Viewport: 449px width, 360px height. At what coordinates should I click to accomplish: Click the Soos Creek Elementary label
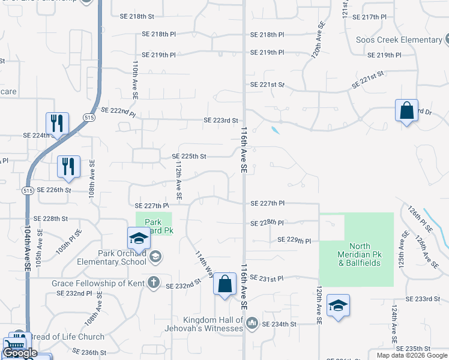click(399, 40)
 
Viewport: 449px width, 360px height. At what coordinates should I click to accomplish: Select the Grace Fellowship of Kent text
click(99, 283)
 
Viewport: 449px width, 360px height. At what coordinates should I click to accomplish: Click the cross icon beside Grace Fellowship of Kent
click(154, 282)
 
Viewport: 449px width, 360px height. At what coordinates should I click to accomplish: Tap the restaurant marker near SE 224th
click(57, 124)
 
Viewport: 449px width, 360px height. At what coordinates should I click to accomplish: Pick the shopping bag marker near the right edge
click(406, 110)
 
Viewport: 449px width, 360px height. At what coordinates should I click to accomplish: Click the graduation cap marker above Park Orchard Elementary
click(138, 238)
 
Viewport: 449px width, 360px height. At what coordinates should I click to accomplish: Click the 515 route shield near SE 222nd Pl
click(89, 117)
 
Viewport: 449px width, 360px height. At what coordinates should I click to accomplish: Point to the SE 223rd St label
click(221, 121)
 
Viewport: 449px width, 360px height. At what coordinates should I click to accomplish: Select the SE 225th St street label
click(189, 157)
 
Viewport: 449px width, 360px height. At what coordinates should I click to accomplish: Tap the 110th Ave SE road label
click(136, 79)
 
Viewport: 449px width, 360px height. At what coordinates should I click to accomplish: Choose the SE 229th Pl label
click(294, 241)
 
